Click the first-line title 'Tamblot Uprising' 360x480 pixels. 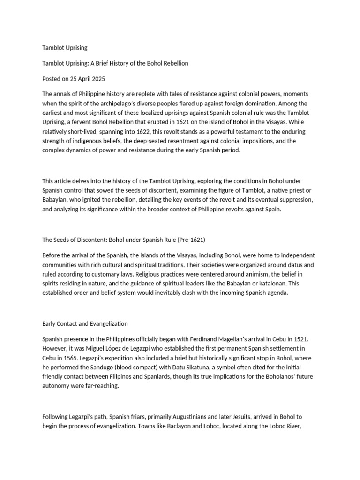tap(65, 48)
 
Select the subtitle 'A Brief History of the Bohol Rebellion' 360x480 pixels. tap(135, 63)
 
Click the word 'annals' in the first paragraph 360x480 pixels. tap(63, 94)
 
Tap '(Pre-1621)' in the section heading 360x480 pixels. tap(190, 240)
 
